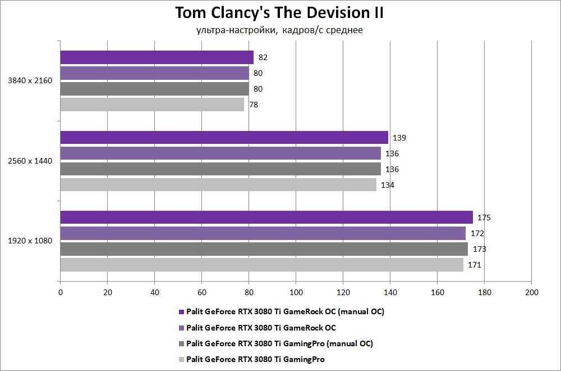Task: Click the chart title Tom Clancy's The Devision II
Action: coord(279,13)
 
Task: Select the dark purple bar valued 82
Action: coord(157,57)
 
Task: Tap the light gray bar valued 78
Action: coord(152,105)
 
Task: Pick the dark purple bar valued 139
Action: coord(224,138)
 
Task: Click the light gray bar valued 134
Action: coord(218,185)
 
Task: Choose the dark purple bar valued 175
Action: coord(266,218)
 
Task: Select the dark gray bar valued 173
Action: coord(264,249)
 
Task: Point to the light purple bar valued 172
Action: coord(263,233)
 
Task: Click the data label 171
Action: coord(475,265)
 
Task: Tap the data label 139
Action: coord(399,138)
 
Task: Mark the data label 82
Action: coord(263,57)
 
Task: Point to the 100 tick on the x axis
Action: coord(296,292)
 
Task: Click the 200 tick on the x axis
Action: coord(531,292)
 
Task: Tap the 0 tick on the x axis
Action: coord(61,292)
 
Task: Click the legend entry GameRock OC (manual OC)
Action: coord(285,311)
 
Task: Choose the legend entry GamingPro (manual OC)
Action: coord(279,343)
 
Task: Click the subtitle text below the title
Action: coord(279,30)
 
